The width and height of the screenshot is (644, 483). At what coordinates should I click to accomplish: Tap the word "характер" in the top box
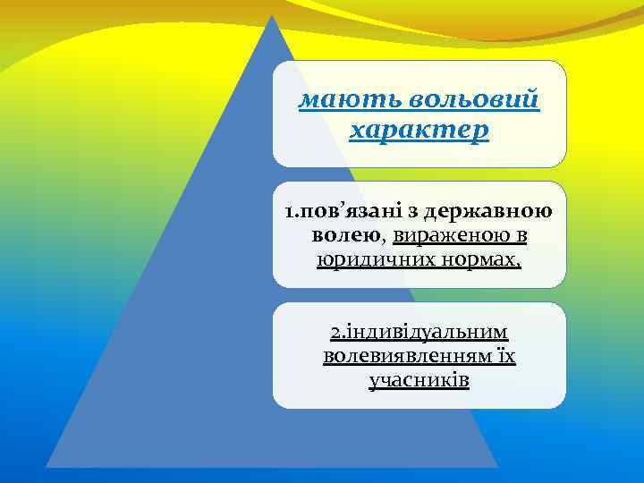(419, 131)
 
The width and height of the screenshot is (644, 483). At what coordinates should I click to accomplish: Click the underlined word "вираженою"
(448, 236)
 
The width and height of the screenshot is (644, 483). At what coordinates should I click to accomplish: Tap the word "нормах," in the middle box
(477, 259)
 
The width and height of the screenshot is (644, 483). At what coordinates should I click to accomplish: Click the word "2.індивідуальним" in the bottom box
(419, 334)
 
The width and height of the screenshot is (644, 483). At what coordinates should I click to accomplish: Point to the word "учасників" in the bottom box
(419, 380)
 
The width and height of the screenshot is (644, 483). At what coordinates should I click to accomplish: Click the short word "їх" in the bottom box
(506, 357)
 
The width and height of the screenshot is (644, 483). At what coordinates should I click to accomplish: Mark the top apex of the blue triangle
(273, 15)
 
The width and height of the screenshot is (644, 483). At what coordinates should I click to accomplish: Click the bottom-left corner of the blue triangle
(47, 466)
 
